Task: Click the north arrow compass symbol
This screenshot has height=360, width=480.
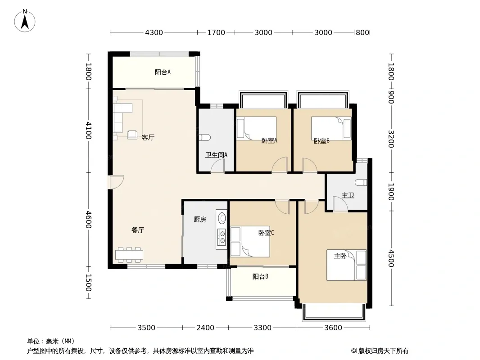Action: coord(25,20)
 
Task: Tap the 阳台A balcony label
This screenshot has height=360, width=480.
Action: coord(163,72)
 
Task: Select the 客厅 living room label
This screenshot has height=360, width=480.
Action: coord(148,138)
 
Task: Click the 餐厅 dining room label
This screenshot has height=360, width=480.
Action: coord(138,230)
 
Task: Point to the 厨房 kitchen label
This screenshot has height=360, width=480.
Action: coord(200,220)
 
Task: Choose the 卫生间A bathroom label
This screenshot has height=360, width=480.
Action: coord(216,155)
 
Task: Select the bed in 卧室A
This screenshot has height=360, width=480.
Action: coord(256,128)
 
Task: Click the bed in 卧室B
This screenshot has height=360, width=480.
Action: coord(331,128)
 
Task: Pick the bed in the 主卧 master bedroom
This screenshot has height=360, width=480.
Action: coord(347,265)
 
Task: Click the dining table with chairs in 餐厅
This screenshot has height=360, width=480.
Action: coord(129,255)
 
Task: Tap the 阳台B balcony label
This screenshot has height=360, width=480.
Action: coord(260,277)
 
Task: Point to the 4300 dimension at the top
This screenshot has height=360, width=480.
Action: coord(154,32)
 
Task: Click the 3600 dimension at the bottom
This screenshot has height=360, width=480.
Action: coord(333,328)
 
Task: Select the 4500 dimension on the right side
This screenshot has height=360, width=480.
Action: coord(390,258)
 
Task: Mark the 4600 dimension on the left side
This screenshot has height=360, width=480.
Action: coord(88,220)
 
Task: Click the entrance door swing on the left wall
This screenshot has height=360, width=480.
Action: coord(117,182)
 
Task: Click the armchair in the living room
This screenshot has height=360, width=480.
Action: coord(132,134)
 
